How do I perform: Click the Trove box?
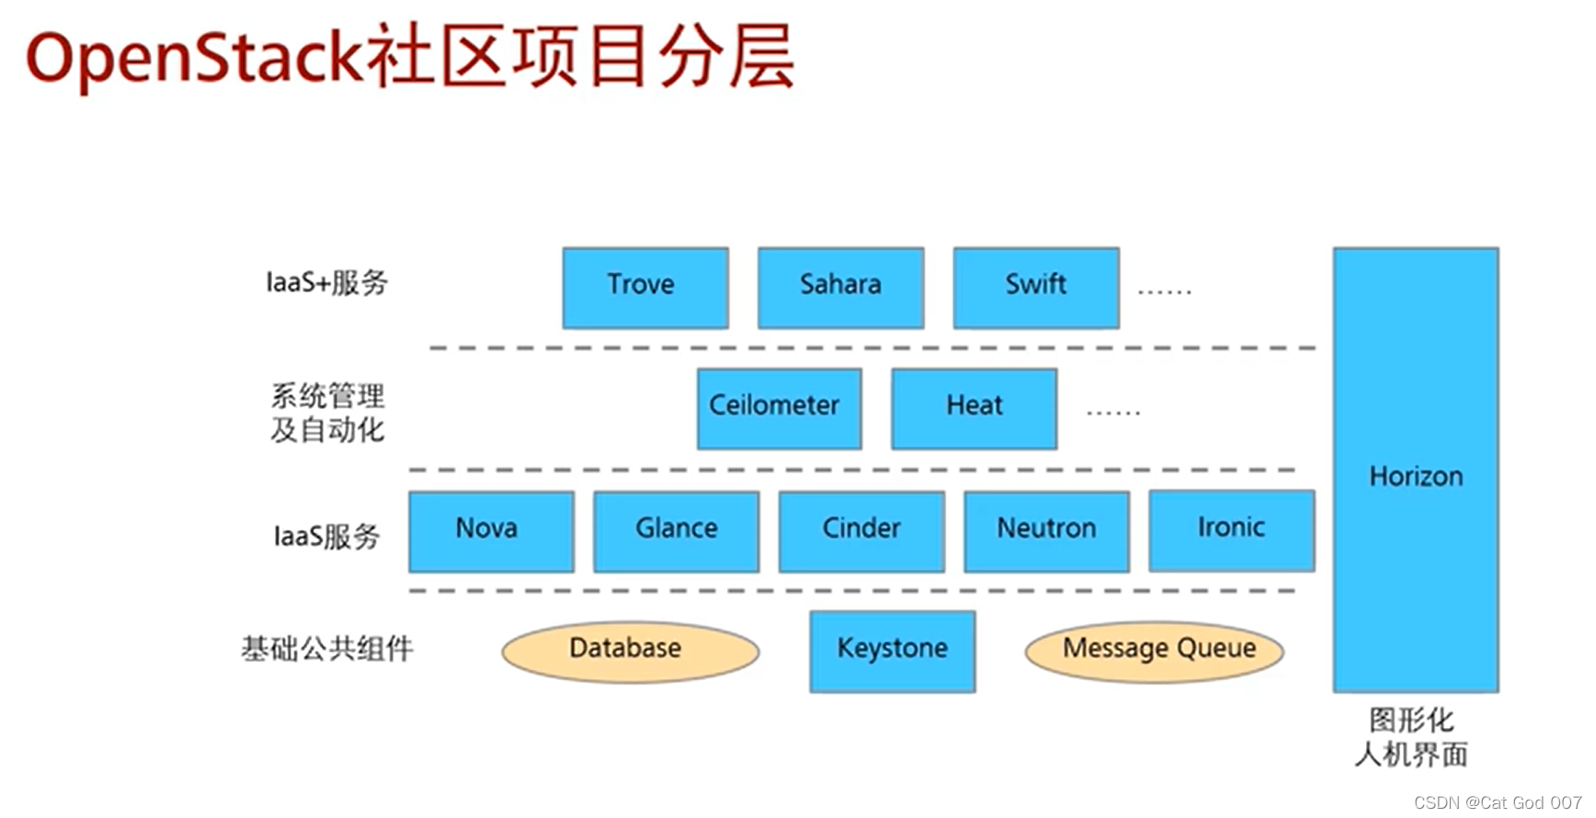(645, 287)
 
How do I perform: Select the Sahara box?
(840, 287)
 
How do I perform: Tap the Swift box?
(1036, 287)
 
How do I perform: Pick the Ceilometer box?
(779, 408)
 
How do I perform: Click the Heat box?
(974, 408)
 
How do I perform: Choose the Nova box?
(491, 530)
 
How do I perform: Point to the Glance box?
(676, 530)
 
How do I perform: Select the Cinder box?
(861, 530)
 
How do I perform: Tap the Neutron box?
(1046, 530)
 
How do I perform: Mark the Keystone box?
(892, 651)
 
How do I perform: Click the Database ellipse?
(630, 651)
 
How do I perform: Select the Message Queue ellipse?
(1154, 651)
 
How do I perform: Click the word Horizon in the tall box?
(1415, 476)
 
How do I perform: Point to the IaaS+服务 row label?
(326, 282)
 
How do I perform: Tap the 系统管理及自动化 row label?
(327, 413)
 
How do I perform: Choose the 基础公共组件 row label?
(326, 649)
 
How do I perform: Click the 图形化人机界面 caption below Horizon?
(1411, 737)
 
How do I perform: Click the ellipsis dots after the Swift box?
(1164, 291)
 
